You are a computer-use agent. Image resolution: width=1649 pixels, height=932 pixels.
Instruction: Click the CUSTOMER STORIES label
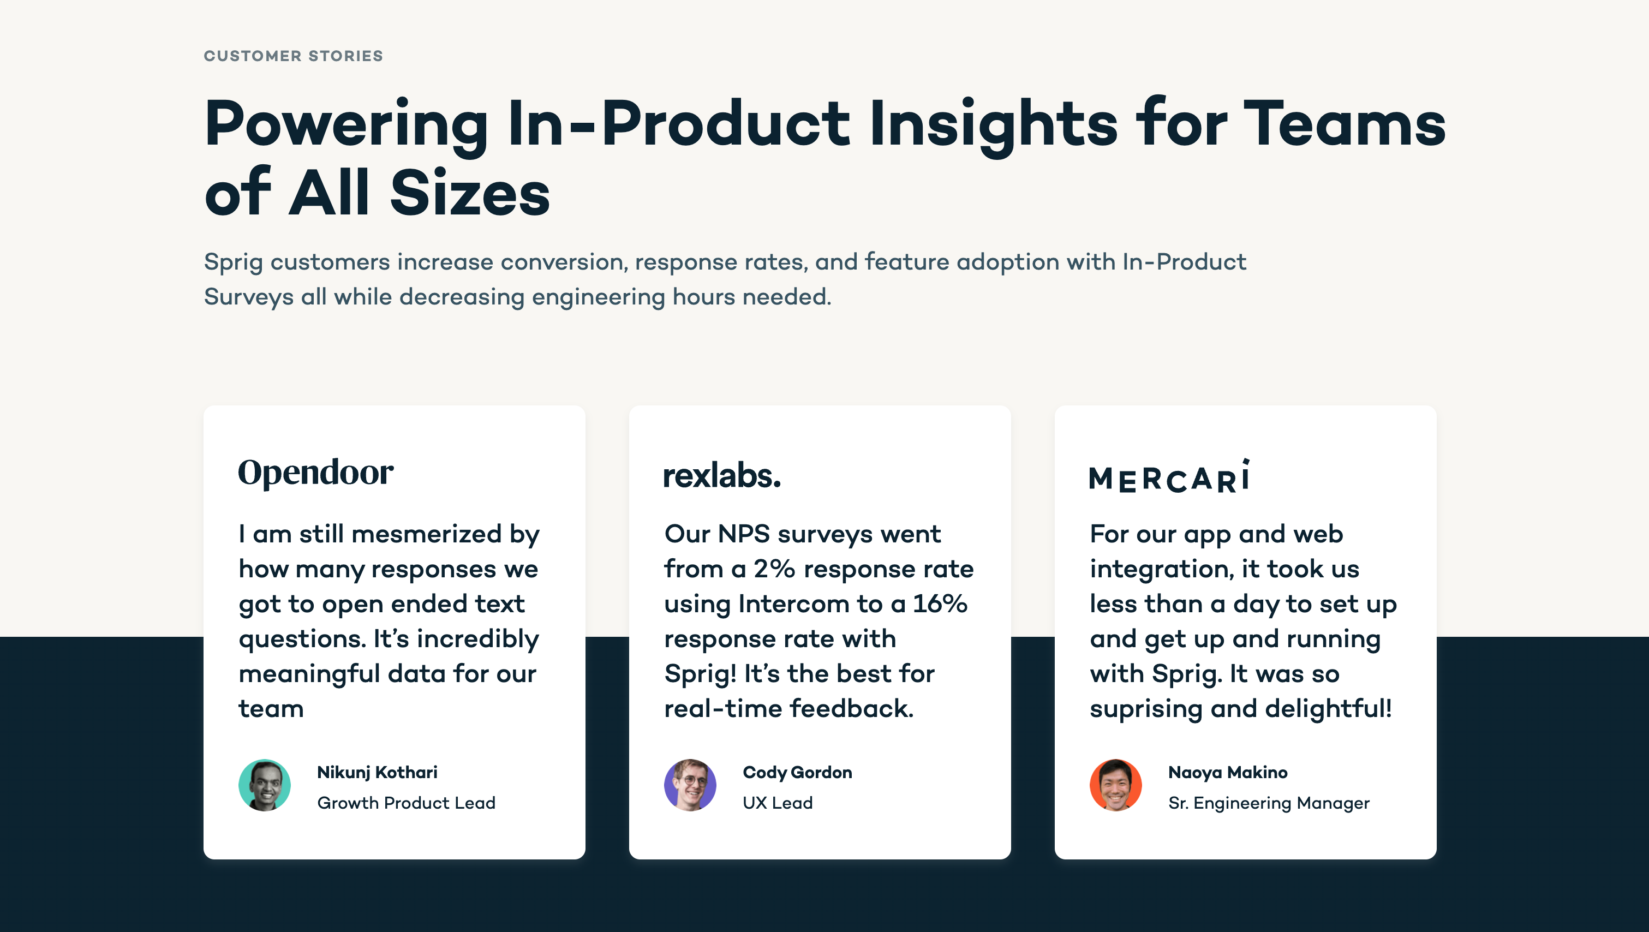[293, 56]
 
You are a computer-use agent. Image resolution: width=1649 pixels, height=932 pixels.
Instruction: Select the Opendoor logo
[315, 473]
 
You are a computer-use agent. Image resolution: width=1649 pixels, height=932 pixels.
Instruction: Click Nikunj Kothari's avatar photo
[265, 785]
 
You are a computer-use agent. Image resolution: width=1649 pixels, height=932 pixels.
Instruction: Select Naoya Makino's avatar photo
[1115, 785]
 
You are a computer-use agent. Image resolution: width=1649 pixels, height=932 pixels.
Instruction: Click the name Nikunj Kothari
[377, 773]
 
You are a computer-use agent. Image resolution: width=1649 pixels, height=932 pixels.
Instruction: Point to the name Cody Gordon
[797, 773]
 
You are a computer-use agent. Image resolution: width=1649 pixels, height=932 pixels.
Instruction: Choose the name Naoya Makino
[1227, 773]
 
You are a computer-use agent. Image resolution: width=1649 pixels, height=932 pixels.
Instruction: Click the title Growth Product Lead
[406, 803]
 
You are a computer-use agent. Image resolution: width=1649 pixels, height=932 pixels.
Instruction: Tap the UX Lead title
[777, 803]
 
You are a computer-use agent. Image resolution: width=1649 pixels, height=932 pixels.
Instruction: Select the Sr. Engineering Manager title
[1268, 803]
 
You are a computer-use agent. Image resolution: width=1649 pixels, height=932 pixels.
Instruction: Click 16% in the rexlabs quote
[940, 604]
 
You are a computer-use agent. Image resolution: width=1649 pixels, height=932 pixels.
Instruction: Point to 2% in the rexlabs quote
[774, 569]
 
